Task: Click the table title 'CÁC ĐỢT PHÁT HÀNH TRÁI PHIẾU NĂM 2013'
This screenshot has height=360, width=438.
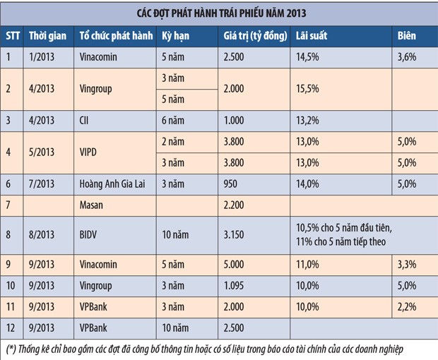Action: [x=218, y=13]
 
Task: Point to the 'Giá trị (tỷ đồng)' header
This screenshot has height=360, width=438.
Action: [x=254, y=35]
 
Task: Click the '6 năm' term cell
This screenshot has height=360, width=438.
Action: [x=174, y=121]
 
